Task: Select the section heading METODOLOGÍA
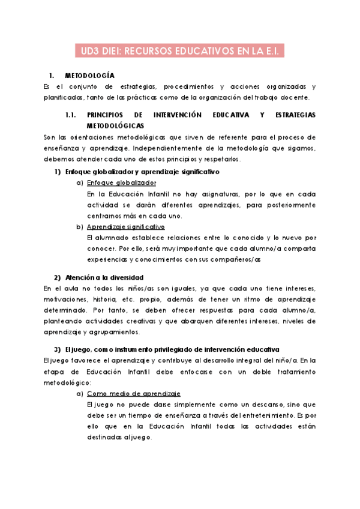point(89,76)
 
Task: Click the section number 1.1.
point(71,114)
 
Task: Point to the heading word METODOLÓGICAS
point(115,125)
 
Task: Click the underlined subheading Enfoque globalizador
point(122,183)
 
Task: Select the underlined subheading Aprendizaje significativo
point(125,226)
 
